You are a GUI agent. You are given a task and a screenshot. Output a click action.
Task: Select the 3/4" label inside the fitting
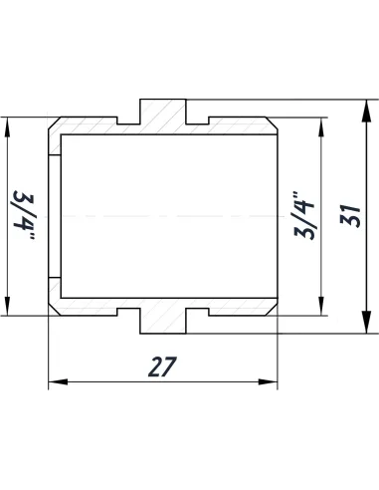coord(304,215)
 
